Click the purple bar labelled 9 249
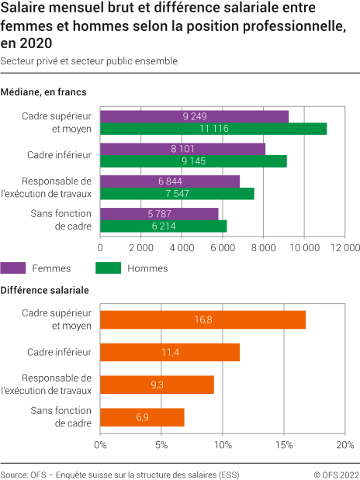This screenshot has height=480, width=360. [194, 116]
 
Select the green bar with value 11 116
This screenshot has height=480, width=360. [213, 129]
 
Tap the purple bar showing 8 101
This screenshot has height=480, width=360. [182, 149]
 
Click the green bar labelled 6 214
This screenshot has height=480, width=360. [163, 226]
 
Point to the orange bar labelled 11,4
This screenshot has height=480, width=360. [170, 352]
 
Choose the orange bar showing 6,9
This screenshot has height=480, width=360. [142, 417]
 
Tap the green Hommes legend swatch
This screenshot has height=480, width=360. [108, 268]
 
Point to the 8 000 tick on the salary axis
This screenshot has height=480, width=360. [263, 248]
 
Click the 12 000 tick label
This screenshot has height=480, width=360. [344, 248]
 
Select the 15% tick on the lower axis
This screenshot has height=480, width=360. [283, 446]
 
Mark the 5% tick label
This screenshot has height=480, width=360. [161, 446]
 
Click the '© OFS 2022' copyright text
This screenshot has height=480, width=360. [336, 472]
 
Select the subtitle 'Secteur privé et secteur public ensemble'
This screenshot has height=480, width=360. [89, 60]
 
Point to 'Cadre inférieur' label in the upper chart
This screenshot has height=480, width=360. [60, 155]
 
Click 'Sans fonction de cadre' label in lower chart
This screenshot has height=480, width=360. [61, 417]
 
